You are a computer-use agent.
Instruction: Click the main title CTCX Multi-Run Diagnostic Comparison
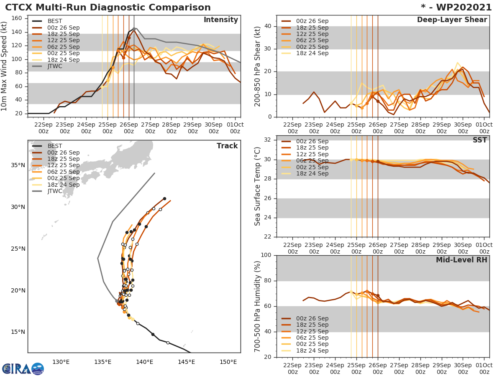(108, 8)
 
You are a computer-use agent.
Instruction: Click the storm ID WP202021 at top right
(457, 8)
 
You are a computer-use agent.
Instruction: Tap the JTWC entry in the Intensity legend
(54, 66)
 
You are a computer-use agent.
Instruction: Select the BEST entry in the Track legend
(54, 146)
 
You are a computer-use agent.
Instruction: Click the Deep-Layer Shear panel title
(452, 20)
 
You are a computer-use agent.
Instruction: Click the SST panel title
(480, 140)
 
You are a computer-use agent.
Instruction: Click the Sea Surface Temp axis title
(258, 186)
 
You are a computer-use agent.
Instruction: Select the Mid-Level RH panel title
(461, 260)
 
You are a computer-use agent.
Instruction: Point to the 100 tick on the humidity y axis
(266, 255)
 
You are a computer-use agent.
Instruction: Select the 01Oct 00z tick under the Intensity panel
(235, 128)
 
